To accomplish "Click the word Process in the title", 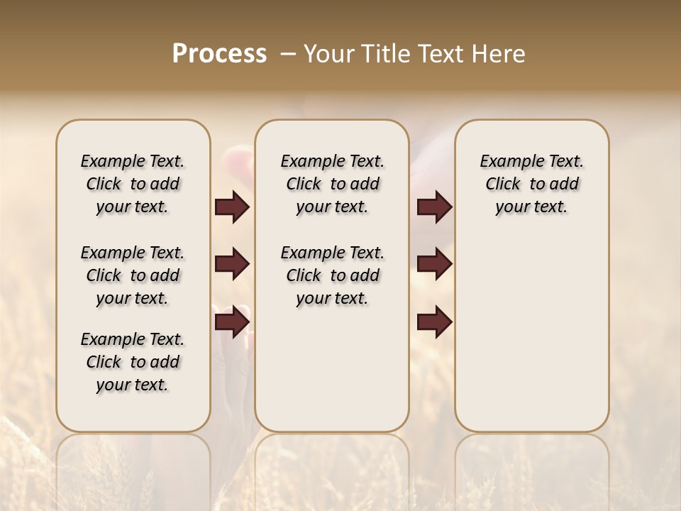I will pyautogui.click(x=219, y=54).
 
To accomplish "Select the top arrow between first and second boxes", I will pyautogui.click(x=232, y=207).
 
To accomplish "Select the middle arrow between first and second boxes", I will pyautogui.click(x=232, y=264).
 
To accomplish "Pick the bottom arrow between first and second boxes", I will pyautogui.click(x=232, y=322).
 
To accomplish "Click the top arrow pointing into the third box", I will pyautogui.click(x=434, y=207).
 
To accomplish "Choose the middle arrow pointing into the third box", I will pyautogui.click(x=434, y=264).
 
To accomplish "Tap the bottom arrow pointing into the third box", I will pyautogui.click(x=434, y=322).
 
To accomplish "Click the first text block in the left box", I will pyautogui.click(x=133, y=184).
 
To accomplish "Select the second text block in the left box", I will pyautogui.click(x=133, y=275).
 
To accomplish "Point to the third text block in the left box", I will pyautogui.click(x=133, y=362).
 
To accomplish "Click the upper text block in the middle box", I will pyautogui.click(x=332, y=184).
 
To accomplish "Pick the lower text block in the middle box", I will pyautogui.click(x=332, y=275).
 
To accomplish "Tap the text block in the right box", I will pyautogui.click(x=531, y=184).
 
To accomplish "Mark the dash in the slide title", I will pyautogui.click(x=288, y=54).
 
